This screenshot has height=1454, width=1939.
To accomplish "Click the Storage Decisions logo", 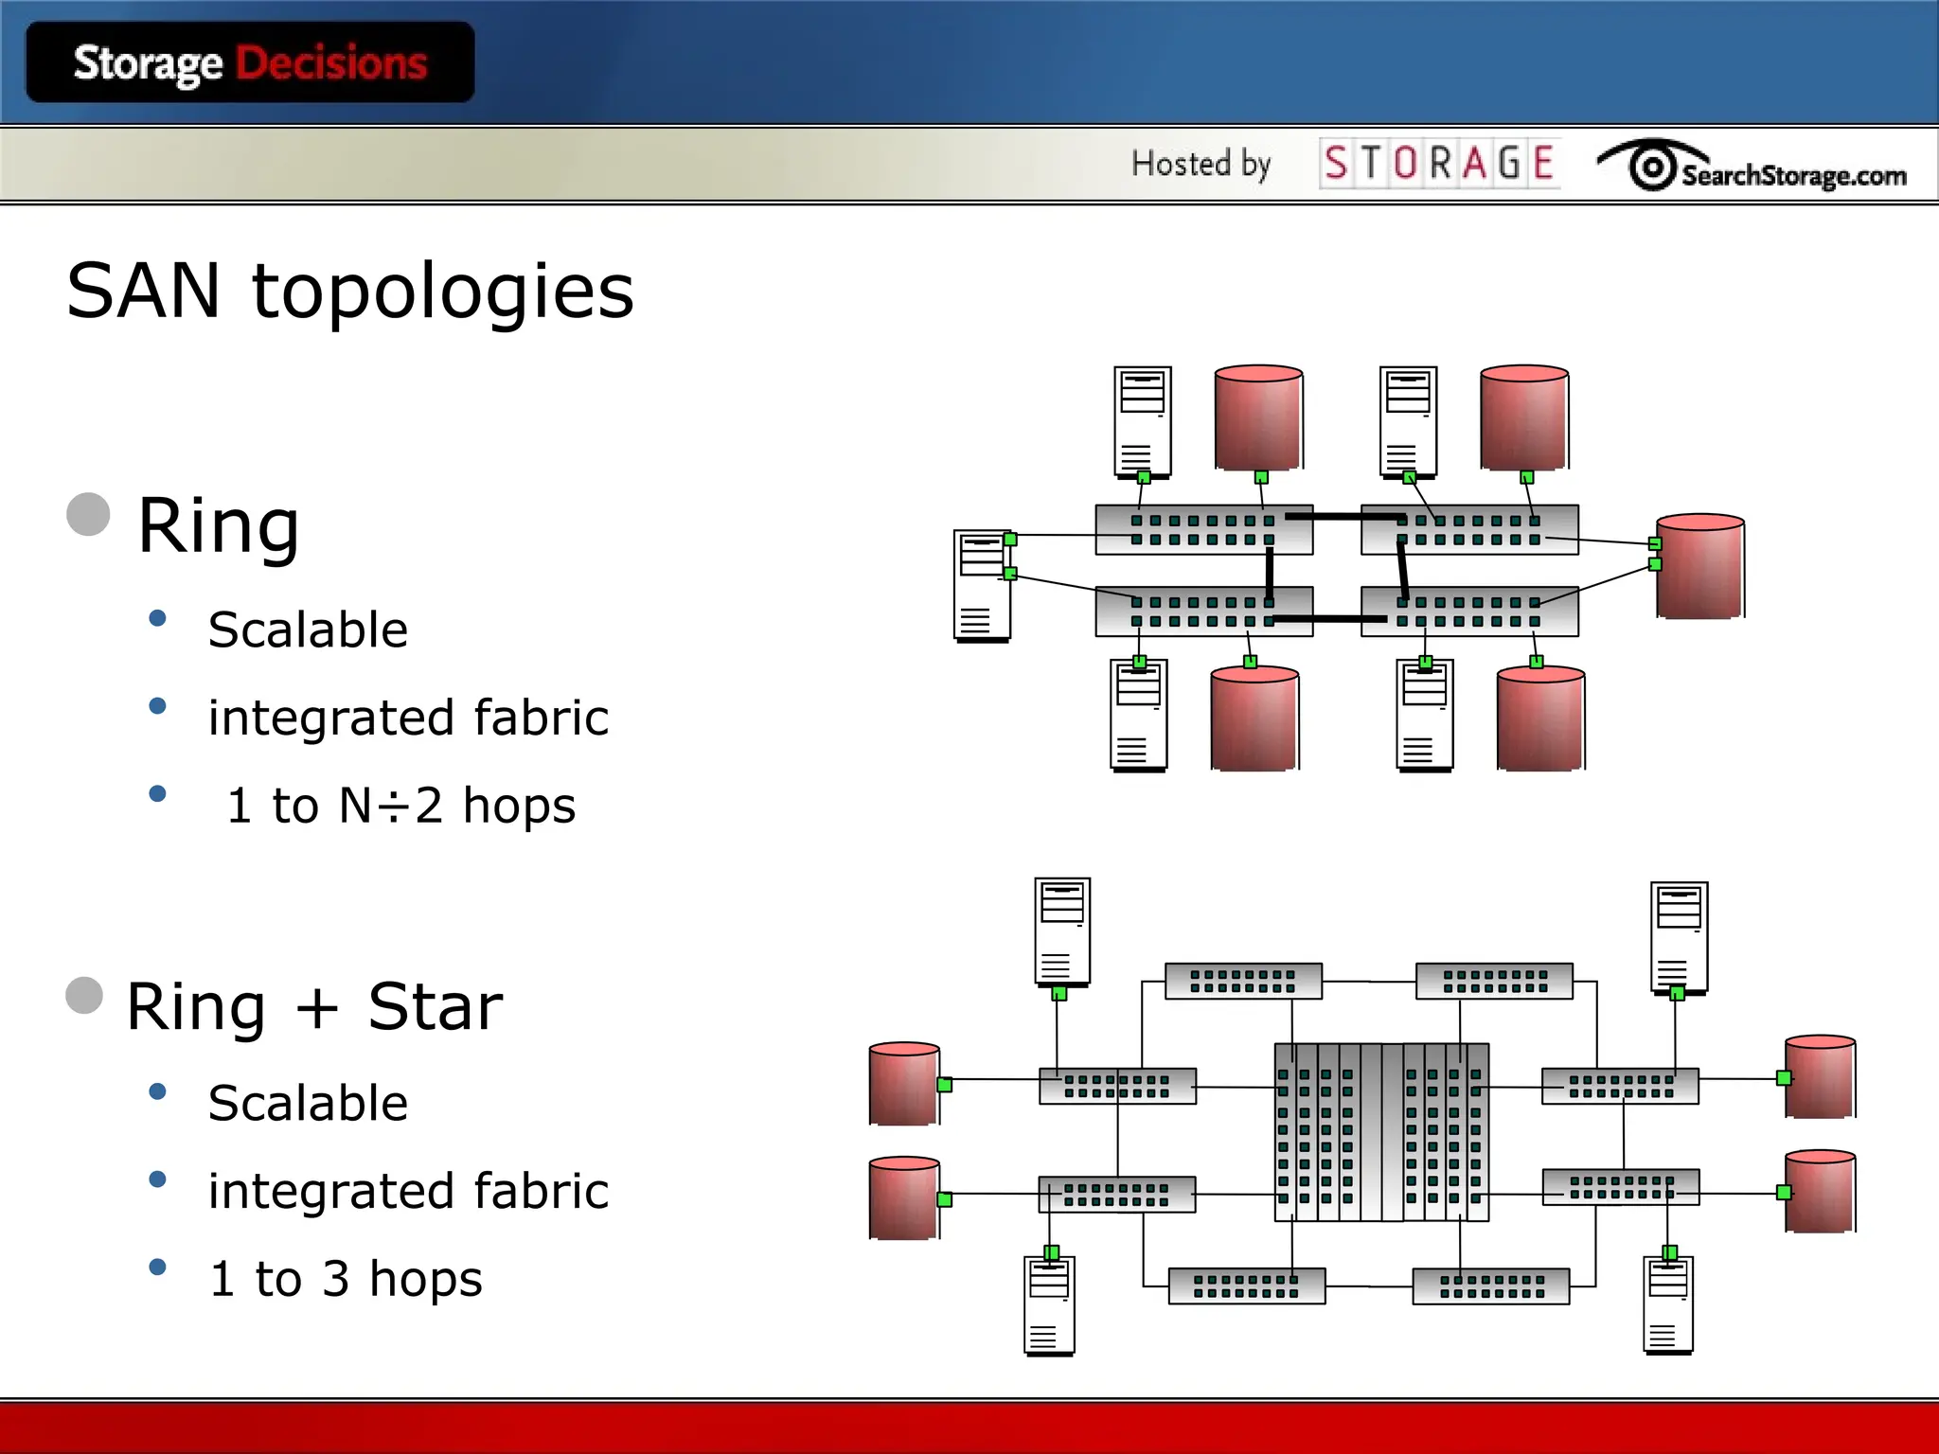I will coord(250,62).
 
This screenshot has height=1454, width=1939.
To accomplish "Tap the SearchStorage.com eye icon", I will coord(1652,167).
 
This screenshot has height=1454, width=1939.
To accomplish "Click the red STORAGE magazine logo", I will coord(1439,163).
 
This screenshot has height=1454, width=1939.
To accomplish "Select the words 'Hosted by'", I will coord(1201,164).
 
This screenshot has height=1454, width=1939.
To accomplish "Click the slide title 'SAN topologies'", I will coord(350,291).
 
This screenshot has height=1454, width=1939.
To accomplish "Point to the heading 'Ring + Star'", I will coord(314,1006).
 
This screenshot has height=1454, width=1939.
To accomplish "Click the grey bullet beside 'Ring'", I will coord(89,514).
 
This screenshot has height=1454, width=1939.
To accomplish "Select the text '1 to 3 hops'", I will coord(347,1279).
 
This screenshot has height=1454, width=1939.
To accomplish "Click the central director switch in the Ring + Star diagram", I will coord(1381,1132).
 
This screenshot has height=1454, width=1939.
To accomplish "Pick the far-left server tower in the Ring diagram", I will coord(982,585).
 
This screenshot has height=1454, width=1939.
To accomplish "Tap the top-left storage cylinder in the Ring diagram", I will coord(1258,417).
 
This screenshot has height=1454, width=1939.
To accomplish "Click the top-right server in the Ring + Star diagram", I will coord(1679,936).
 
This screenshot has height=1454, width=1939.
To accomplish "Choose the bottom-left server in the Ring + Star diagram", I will coord(1049,1304).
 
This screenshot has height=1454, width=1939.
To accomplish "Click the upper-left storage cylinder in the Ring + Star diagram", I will coord(904,1083).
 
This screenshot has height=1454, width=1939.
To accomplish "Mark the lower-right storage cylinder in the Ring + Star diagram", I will coord(1820,1191).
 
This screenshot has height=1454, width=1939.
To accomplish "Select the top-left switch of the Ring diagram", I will coord(1203,529).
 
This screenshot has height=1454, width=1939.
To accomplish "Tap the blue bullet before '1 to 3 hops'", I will coord(158,1267).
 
